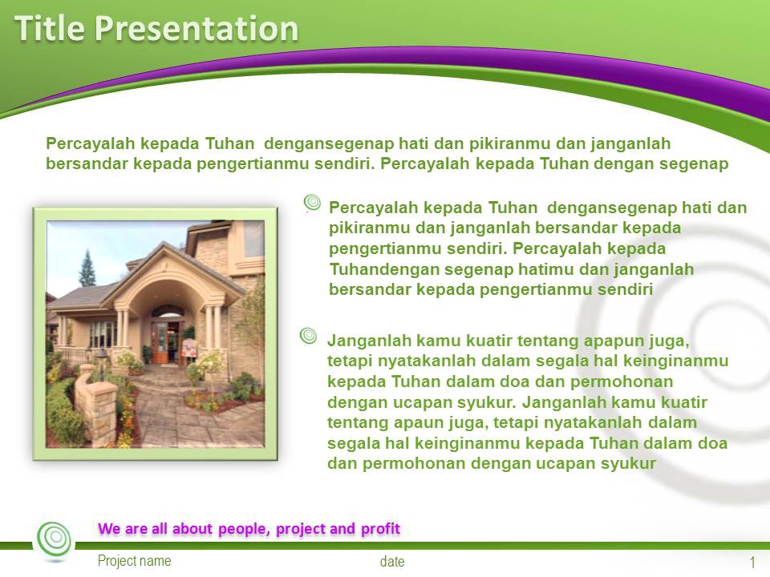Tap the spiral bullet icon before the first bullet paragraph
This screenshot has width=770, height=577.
(313, 204)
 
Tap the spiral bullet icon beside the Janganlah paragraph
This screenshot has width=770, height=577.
(309, 336)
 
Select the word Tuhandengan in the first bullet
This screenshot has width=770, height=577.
(375, 270)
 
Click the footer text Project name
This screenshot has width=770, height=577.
(134, 561)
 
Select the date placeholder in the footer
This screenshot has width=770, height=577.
(392, 562)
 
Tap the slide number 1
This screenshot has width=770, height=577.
(752, 562)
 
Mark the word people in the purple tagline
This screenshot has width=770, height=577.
(245, 529)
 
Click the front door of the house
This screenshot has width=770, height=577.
(161, 340)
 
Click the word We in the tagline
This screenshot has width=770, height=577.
(109, 529)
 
